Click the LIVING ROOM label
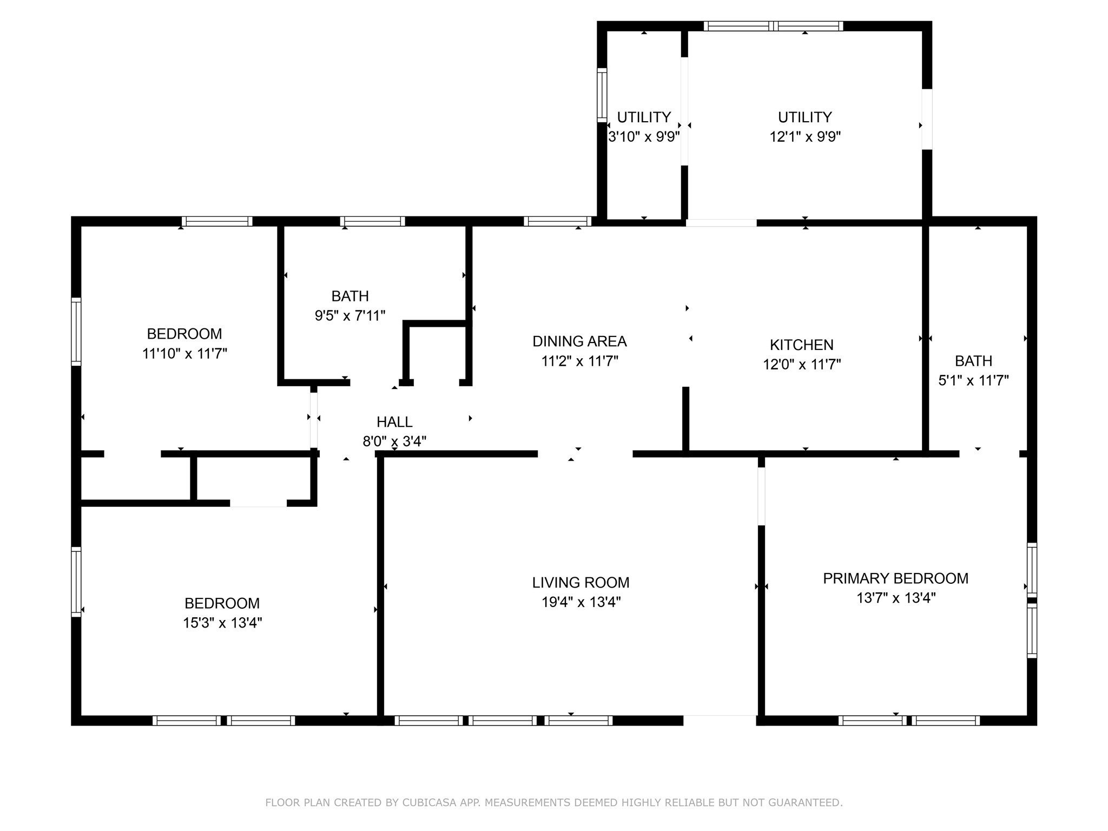click(581, 583)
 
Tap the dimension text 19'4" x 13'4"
click(581, 602)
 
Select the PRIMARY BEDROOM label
click(895, 578)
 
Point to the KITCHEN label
click(801, 345)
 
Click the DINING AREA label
click(579, 341)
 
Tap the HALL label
click(394, 421)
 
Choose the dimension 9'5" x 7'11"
click(350, 315)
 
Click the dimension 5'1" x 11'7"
click(973, 380)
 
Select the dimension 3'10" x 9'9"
click(643, 136)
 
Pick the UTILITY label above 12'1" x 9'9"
click(804, 117)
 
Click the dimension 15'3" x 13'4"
click(222, 623)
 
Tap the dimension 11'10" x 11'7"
click(184, 353)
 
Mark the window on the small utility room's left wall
click(602, 95)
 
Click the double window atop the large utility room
click(774, 26)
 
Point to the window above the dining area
click(558, 221)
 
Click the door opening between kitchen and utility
click(721, 222)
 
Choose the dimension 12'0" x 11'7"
click(801, 364)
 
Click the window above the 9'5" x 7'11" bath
click(372, 221)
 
